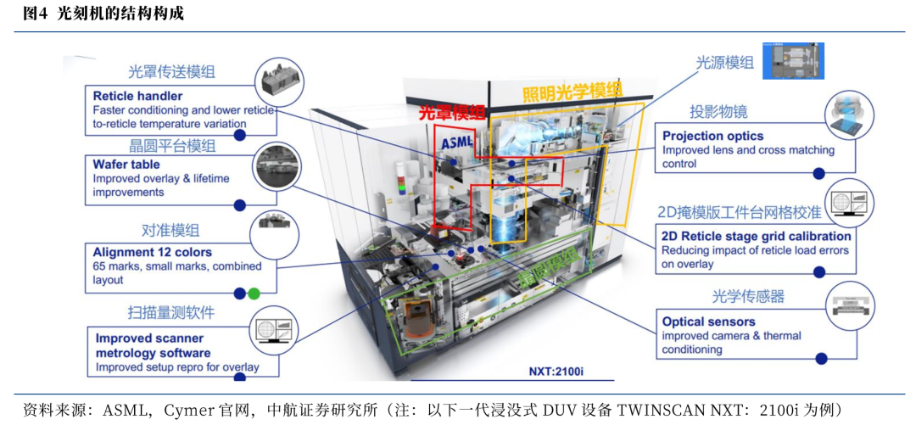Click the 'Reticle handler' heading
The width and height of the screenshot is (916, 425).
pos(137,96)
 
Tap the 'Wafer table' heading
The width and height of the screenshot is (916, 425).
pos(126,165)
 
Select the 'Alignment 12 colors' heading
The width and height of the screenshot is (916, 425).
pos(152,252)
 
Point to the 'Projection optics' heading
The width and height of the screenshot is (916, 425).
pos(712,136)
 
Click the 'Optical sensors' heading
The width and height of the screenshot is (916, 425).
pos(708,322)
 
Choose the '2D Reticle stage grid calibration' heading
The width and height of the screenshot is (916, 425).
pos(756,236)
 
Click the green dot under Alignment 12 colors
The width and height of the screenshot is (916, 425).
pos(254,294)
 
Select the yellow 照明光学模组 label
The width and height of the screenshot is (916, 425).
pos(572,92)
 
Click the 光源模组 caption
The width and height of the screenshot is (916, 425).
pos(724,62)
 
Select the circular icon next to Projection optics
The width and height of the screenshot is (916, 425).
pos(849,115)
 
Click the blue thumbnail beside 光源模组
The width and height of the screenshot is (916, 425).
pos(793,61)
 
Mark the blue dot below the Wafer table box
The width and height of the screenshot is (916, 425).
pos(239,204)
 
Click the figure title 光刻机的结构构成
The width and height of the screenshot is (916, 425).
pos(120,14)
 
